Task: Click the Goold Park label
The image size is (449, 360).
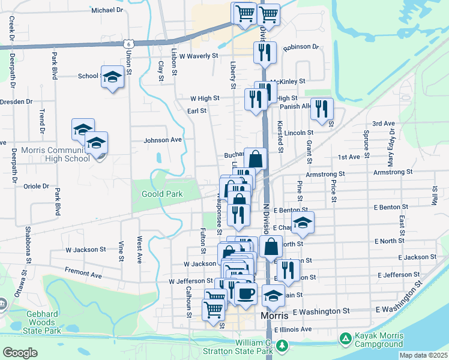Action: click(162, 194)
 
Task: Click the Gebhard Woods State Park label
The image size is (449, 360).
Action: click(43, 322)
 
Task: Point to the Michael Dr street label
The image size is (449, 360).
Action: click(107, 10)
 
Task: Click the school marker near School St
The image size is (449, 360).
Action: click(112, 77)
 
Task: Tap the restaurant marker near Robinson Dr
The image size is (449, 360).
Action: click(264, 52)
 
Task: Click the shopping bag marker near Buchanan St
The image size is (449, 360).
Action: click(255, 160)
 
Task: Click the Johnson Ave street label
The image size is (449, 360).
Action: click(162, 140)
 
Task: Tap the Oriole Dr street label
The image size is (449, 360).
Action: click(36, 186)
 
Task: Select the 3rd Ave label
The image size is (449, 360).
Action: click(383, 124)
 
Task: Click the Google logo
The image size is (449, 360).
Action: click(20, 352)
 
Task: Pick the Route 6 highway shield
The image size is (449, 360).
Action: click(127, 43)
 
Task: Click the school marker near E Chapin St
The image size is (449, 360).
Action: click(303, 223)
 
